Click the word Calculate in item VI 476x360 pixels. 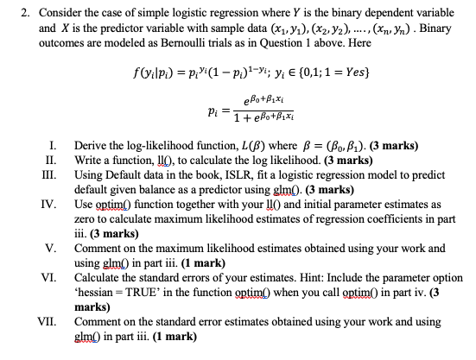pos(101,278)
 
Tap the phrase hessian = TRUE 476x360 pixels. pos(122,293)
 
